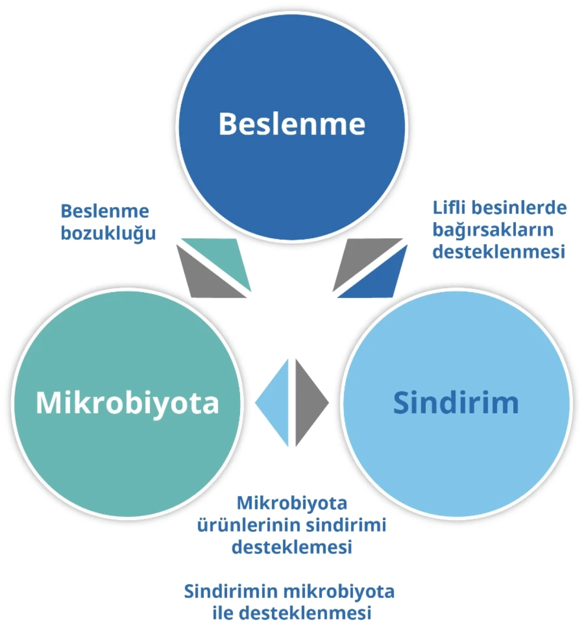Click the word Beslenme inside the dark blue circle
pos(292,124)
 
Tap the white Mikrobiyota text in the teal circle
pos(127,403)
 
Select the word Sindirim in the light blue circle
pos(456,402)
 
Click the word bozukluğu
pos(108,233)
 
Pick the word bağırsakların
pos(493,230)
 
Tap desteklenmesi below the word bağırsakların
pos(499,252)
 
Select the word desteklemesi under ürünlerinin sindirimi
pos(292,547)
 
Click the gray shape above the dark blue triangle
pos(362,260)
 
